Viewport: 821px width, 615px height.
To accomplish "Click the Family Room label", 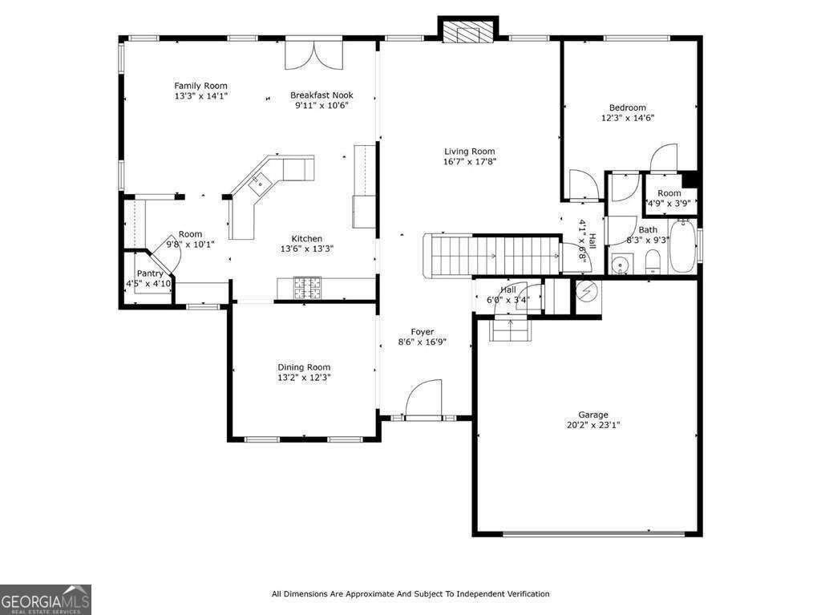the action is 200,86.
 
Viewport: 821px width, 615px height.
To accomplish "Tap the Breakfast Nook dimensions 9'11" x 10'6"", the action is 322,105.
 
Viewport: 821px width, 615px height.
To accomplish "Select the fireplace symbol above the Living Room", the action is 467,31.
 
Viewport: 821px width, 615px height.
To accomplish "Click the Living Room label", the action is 470,152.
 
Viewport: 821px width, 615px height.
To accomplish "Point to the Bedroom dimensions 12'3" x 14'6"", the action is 627,118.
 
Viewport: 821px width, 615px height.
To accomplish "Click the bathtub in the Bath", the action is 682,247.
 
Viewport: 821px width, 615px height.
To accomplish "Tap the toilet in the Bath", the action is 653,261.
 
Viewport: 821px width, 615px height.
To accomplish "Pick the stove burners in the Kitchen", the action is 307,288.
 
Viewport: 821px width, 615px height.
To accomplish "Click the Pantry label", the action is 150,273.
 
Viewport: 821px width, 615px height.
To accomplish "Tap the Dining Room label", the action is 304,367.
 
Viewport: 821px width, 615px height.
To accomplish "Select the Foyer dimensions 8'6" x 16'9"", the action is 422,342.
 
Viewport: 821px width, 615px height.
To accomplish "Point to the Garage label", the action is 593,415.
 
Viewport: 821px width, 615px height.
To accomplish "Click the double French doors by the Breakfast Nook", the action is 313,55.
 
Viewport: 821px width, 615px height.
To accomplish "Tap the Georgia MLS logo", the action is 46,600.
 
